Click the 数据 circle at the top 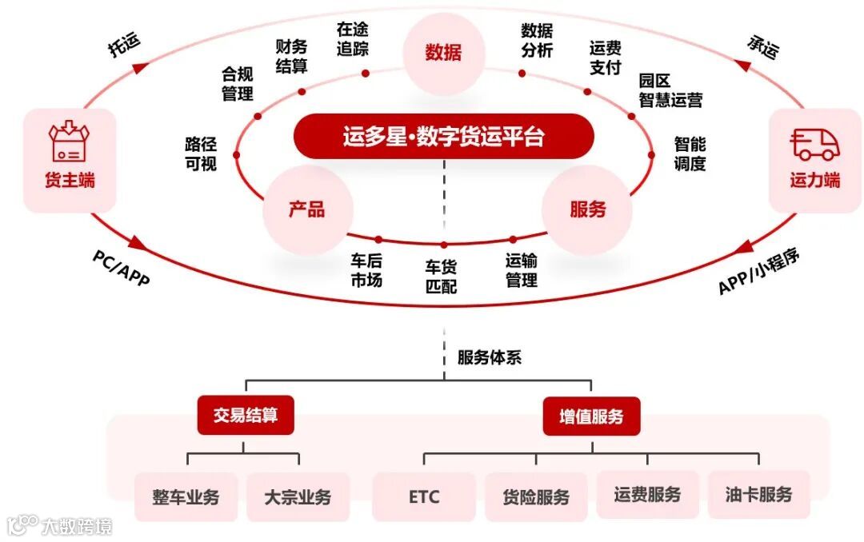443,53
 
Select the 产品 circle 306,209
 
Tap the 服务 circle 587,209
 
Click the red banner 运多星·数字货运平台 443,137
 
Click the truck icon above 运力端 815,144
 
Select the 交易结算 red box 243,416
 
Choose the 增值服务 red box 591,416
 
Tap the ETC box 424,496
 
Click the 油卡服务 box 758,495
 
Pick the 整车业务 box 186,496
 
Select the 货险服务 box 536,496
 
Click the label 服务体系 489,357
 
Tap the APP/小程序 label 758,270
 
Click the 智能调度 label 690,154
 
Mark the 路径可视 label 201,154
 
